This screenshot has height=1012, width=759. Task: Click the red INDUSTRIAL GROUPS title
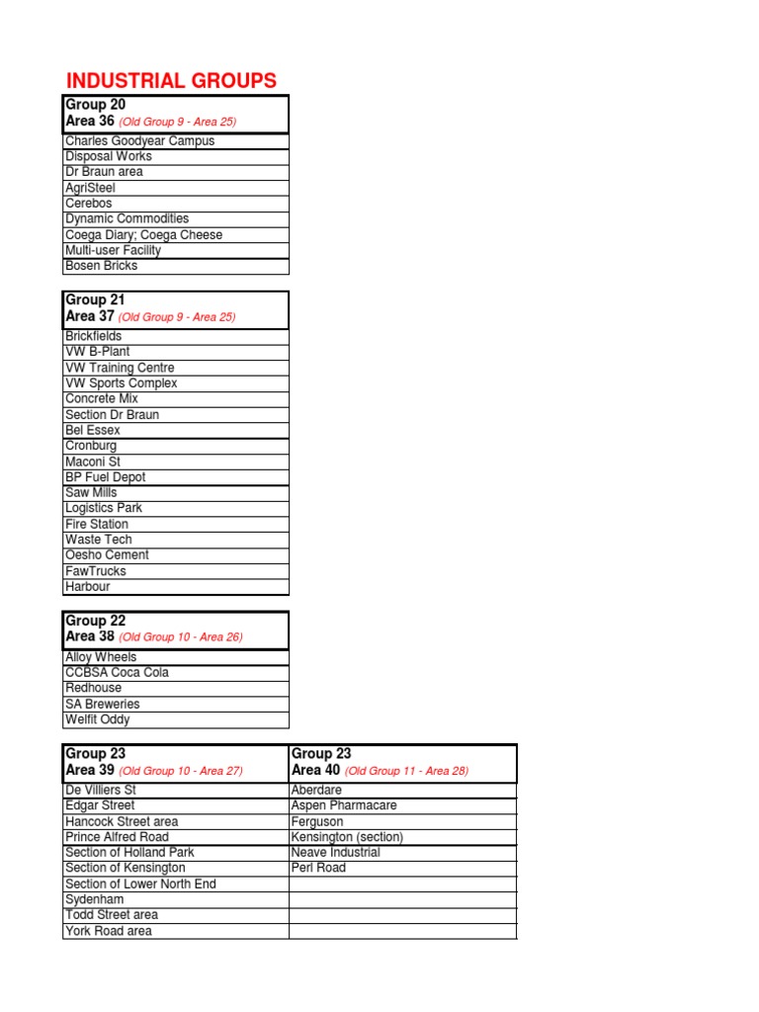pyautogui.click(x=171, y=81)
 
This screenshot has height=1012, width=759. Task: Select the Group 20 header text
pyautogui.click(x=95, y=105)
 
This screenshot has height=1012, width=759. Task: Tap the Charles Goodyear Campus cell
pyautogui.click(x=139, y=140)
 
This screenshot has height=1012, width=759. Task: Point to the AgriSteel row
pyautogui.click(x=90, y=188)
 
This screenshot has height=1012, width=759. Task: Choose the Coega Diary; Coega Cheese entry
pyautogui.click(x=143, y=235)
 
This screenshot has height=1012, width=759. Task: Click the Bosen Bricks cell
pyautogui.click(x=101, y=266)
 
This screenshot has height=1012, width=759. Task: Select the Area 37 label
pyautogui.click(x=90, y=316)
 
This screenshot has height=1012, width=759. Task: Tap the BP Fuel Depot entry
pyautogui.click(x=105, y=477)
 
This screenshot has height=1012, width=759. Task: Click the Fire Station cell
pyautogui.click(x=96, y=524)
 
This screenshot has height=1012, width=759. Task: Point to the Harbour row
pyautogui.click(x=88, y=587)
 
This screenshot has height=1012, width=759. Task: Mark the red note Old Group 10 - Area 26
pyautogui.click(x=180, y=637)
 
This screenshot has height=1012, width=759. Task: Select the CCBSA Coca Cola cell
pyautogui.click(x=117, y=673)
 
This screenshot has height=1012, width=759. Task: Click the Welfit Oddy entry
pyautogui.click(x=97, y=719)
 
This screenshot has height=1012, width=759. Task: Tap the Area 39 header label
pyautogui.click(x=90, y=770)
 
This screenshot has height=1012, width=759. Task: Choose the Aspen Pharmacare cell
pyautogui.click(x=344, y=805)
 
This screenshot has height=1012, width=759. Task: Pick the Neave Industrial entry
pyautogui.click(x=335, y=852)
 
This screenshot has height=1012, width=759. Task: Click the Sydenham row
pyautogui.click(x=94, y=899)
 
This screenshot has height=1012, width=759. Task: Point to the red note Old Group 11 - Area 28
pyautogui.click(x=406, y=771)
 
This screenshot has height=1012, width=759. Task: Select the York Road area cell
pyautogui.click(x=108, y=931)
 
